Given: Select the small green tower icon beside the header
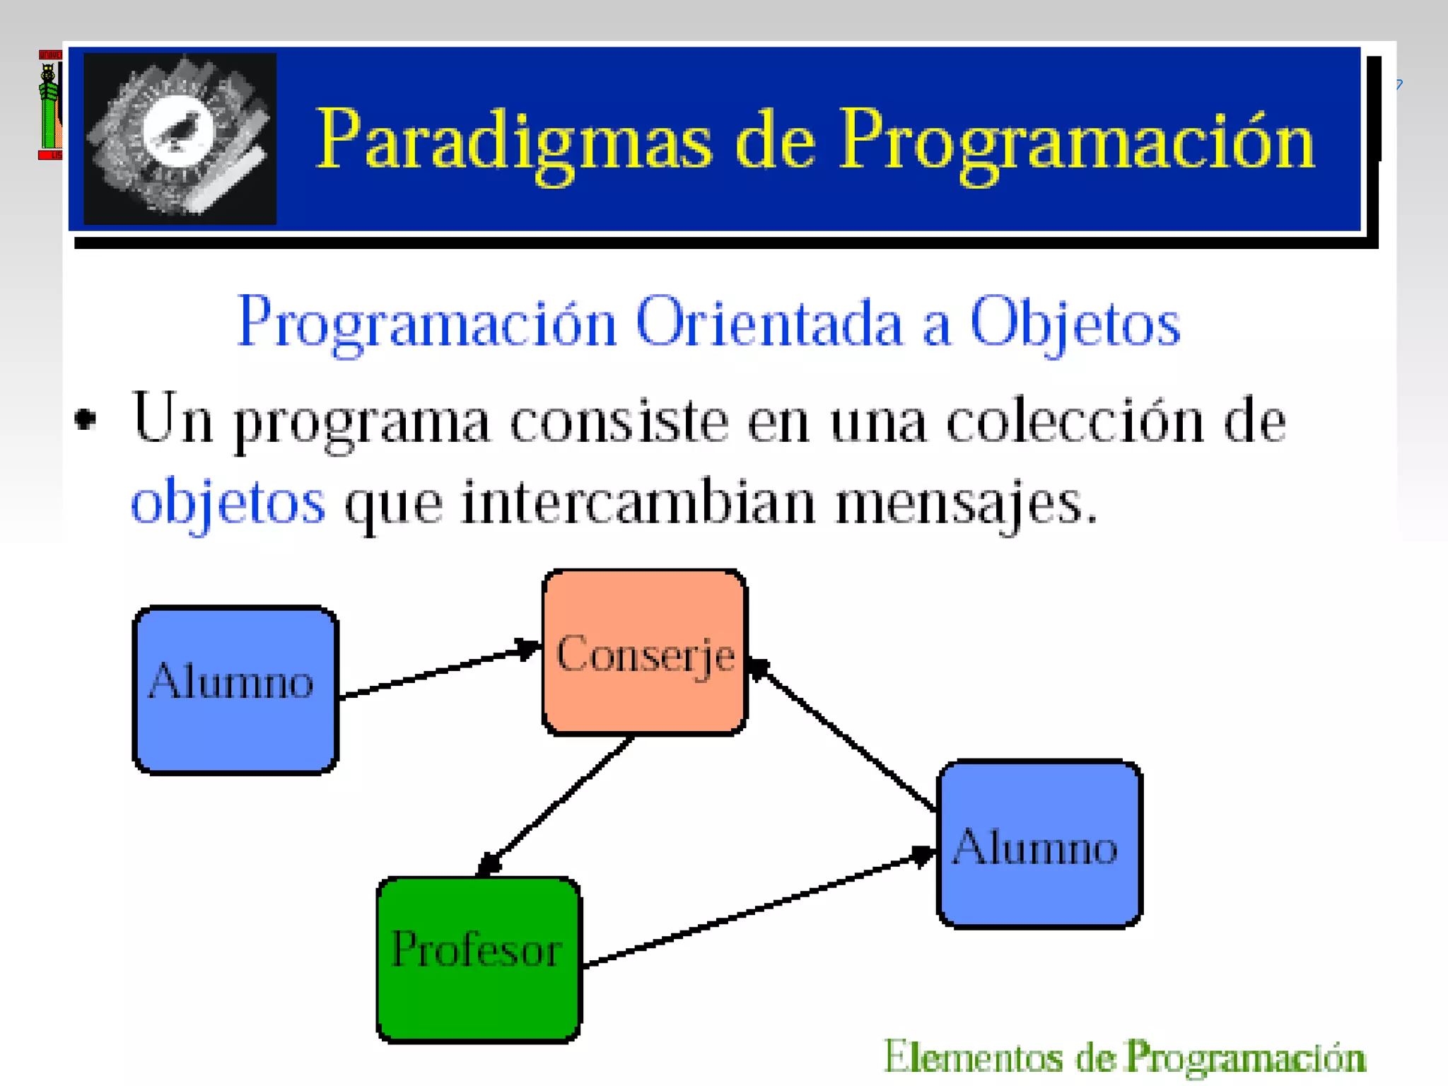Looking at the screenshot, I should [x=49, y=106].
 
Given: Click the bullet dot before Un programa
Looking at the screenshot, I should [x=86, y=419].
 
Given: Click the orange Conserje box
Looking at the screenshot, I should [x=644, y=653].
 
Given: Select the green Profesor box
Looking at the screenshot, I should [x=479, y=959].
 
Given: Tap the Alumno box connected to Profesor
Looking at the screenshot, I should [x=1039, y=843].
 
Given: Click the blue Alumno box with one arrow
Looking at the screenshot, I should [x=235, y=689].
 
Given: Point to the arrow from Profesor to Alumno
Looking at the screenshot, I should [x=757, y=910].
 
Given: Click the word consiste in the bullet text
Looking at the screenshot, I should [x=619, y=422].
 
